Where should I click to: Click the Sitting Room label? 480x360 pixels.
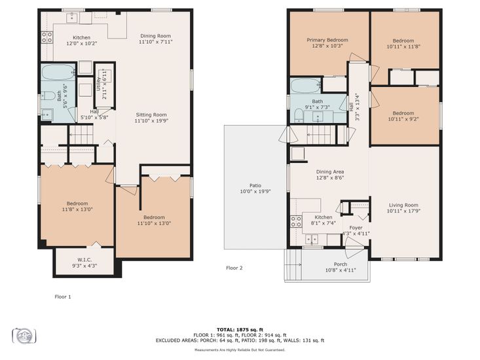[x=151, y=115]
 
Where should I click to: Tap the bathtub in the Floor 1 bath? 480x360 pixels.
[x=58, y=72]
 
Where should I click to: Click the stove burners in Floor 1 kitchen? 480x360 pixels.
[x=47, y=37]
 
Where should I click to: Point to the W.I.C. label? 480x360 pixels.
[x=84, y=260]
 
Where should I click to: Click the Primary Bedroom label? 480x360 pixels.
[x=327, y=40]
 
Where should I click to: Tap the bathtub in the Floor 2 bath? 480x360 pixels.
[x=306, y=86]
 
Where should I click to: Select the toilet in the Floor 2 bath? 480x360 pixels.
[x=299, y=117]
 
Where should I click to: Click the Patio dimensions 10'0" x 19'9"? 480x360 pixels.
[x=255, y=192]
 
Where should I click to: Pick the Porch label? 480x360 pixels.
[x=341, y=264]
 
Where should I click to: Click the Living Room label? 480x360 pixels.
[x=403, y=206]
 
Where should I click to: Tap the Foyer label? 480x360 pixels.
[x=356, y=228]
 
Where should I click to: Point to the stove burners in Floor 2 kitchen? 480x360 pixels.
[x=296, y=221]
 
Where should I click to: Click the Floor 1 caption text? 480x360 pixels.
[x=63, y=297]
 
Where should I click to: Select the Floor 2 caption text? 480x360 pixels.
[x=234, y=268]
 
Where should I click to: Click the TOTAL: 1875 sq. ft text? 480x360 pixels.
[x=240, y=330]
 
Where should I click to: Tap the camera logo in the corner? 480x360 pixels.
[x=24, y=336]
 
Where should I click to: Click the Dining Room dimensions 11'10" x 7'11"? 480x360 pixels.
[x=156, y=42]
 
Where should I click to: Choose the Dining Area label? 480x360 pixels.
[x=330, y=172]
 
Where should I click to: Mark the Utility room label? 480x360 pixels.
[x=98, y=83]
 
